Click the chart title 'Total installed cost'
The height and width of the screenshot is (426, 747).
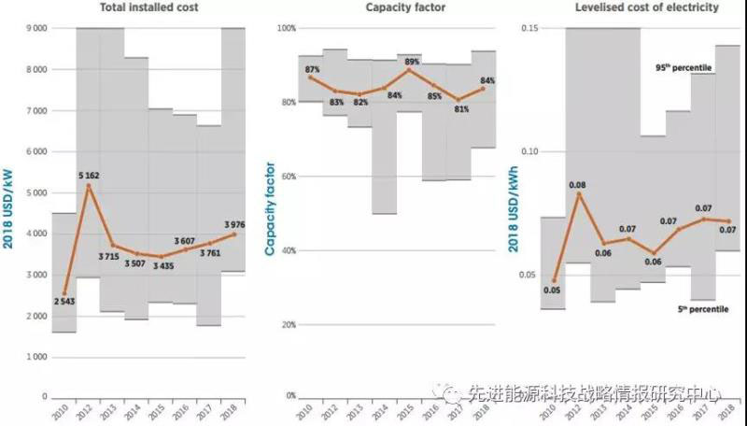[148, 8]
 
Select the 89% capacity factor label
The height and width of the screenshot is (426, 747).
[408, 60]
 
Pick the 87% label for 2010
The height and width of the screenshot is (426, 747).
[312, 69]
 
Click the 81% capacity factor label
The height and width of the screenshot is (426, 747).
[459, 109]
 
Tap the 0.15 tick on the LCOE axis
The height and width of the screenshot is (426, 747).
[529, 28]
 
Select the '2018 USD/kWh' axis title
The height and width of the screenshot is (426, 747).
[513, 215]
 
